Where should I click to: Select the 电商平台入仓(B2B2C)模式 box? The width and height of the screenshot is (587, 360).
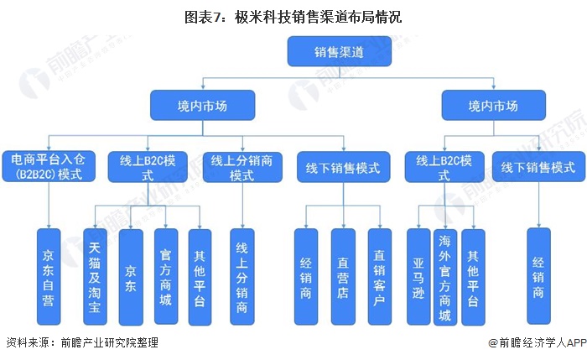click(x=47, y=165)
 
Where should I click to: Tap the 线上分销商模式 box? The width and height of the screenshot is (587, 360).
click(x=242, y=167)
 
